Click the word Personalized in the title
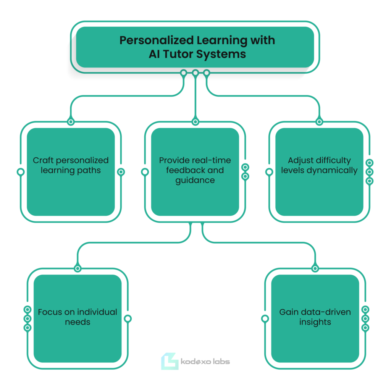[157, 40]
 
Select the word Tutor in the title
[178, 54]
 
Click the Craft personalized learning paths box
[71, 172]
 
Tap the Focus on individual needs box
[78, 318]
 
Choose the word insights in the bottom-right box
[315, 322]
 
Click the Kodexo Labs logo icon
[170, 361]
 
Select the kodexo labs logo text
[205, 362]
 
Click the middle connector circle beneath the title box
[195, 73]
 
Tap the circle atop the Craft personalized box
[71, 122]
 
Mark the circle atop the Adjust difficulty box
[319, 122]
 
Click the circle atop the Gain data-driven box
[315, 268]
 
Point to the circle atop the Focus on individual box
[78, 268]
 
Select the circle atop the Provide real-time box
[195, 122]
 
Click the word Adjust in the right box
[297, 161]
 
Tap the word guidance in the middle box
[195, 180]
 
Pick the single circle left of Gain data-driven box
[265, 318]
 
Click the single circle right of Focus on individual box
[128, 318]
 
